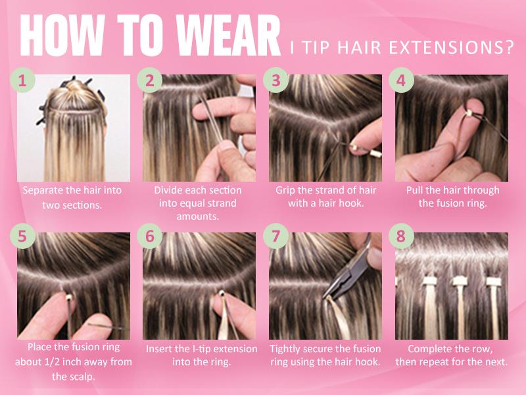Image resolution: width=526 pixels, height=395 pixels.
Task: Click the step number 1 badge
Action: pyautogui.click(x=22, y=80)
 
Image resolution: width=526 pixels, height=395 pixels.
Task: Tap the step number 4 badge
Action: pyautogui.click(x=401, y=80)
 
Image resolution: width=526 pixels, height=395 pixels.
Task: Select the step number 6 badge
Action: pyautogui.click(x=150, y=236)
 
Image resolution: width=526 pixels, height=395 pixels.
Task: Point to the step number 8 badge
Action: pyautogui.click(x=401, y=236)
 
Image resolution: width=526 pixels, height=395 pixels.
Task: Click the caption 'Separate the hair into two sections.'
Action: pyautogui.click(x=72, y=197)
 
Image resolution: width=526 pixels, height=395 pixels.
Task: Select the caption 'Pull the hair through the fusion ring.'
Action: pyautogui.click(x=452, y=197)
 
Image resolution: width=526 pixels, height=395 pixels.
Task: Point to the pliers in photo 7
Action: pyautogui.click(x=349, y=272)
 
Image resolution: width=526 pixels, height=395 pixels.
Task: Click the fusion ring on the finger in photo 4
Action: pyautogui.click(x=469, y=113)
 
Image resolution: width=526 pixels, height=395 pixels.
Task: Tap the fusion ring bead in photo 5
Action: pyautogui.click(x=70, y=297)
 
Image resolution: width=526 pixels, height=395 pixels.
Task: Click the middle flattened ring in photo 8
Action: pyautogui.click(x=459, y=281)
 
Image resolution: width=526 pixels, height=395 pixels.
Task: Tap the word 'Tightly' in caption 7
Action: pyautogui.click(x=285, y=350)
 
